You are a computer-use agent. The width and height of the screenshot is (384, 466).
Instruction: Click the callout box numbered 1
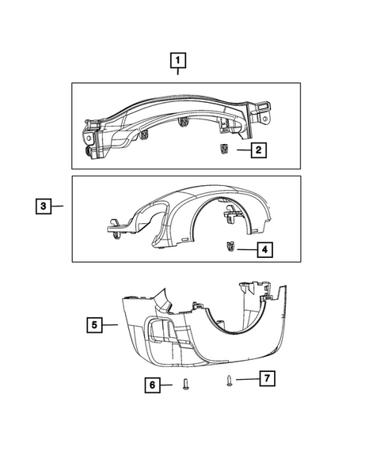[178, 59]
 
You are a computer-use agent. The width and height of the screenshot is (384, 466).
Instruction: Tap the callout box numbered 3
[44, 206]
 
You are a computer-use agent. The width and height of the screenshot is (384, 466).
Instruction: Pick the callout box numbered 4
[264, 250]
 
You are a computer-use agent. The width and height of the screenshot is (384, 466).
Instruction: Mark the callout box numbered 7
[267, 379]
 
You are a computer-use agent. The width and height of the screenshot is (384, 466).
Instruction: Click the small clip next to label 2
[225, 148]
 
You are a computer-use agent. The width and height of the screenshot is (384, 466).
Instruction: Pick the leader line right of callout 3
[59, 206]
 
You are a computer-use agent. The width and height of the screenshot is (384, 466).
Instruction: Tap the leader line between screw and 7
[245, 380]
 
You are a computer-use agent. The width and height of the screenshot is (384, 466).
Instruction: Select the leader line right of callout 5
[112, 324]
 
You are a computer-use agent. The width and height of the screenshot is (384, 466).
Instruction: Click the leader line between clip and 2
[241, 149]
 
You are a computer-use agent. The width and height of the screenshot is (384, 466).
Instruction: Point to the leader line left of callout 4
[246, 250]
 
